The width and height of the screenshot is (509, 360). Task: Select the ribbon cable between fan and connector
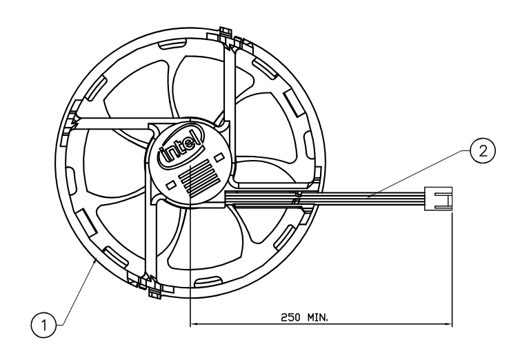(x=372, y=199)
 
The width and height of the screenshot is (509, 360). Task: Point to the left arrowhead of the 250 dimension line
(x=193, y=323)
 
